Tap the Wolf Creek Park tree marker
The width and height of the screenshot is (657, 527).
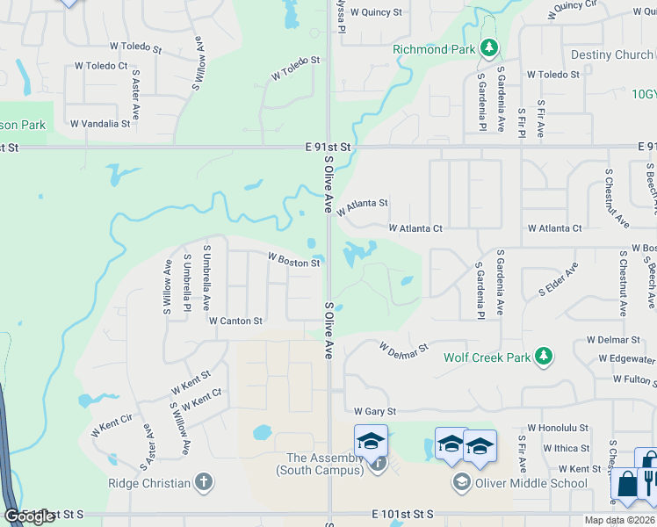545,357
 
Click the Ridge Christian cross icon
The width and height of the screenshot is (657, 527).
203,481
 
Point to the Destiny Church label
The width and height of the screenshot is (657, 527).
611,54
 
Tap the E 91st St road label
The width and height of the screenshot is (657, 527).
328,146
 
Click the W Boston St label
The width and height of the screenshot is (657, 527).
293,261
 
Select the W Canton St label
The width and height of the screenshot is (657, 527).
235,321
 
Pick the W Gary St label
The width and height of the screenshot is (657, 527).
376,411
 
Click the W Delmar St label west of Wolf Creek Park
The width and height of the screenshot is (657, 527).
404,349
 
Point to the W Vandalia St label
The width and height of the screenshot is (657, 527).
100,124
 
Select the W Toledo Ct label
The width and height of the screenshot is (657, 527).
101,65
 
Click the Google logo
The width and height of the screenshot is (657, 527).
30,516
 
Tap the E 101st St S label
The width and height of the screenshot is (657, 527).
403,513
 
